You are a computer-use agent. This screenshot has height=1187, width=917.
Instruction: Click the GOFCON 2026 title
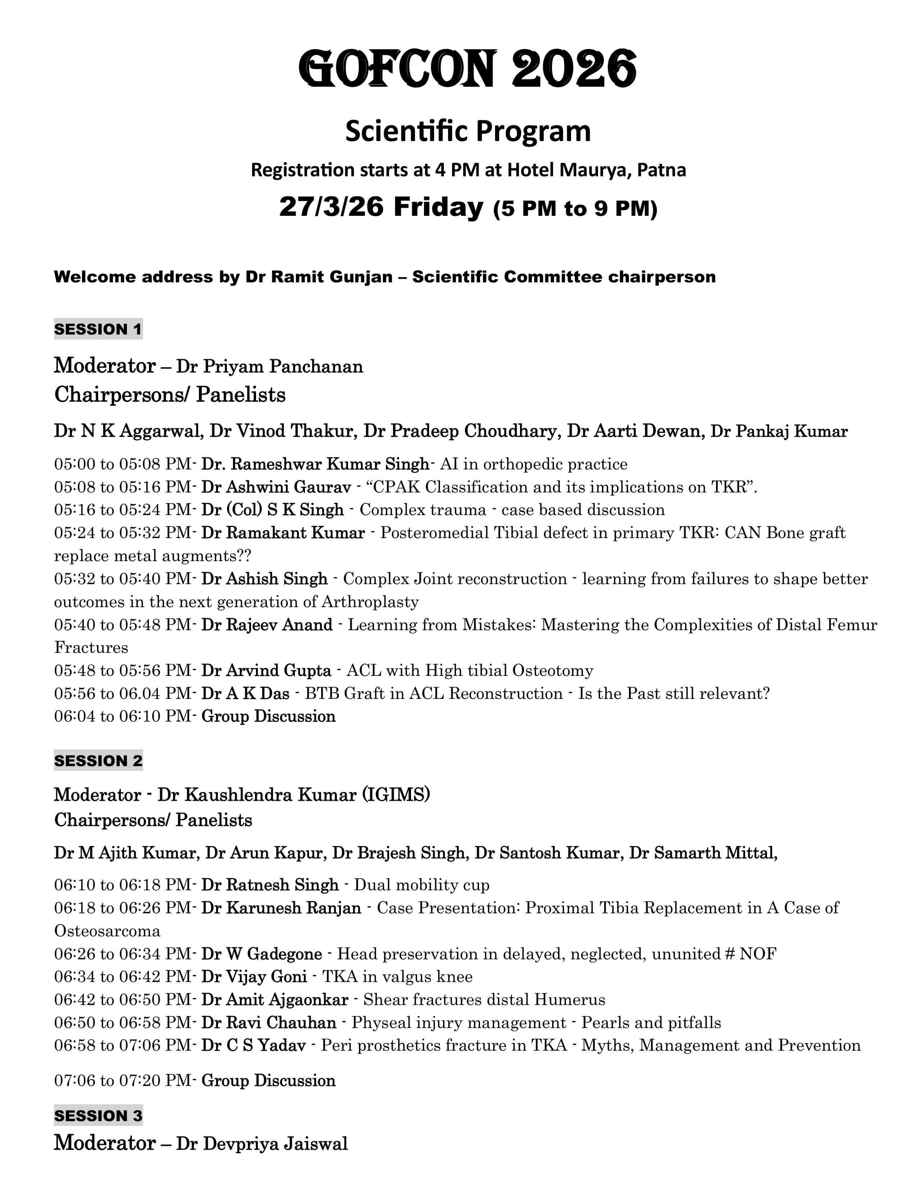[x=467, y=69]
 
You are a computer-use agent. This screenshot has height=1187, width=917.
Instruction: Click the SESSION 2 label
[x=98, y=760]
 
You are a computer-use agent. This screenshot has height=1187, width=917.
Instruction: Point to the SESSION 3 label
[x=98, y=1116]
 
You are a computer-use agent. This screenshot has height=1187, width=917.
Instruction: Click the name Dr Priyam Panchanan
[x=269, y=366]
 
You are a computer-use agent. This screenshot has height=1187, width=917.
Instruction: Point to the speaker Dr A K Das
[x=245, y=693]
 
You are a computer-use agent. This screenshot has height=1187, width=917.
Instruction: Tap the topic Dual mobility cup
[x=421, y=885]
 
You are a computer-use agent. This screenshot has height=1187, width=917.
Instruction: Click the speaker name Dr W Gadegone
[x=261, y=954]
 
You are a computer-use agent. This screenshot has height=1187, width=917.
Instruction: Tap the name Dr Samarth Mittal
[x=702, y=853]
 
